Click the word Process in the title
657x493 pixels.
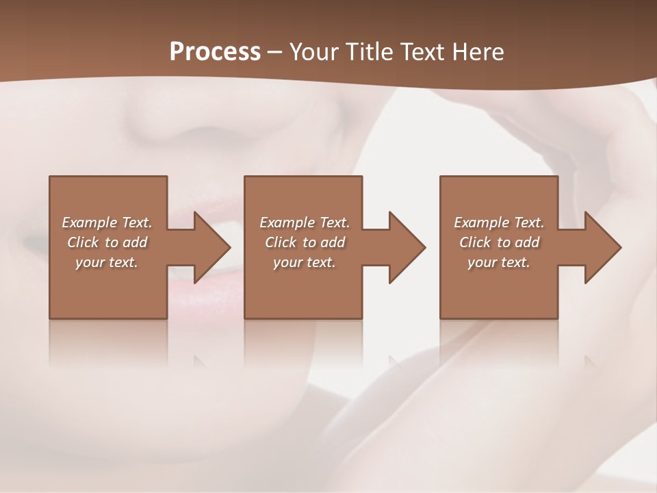click(x=215, y=52)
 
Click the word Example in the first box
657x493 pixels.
click(x=90, y=223)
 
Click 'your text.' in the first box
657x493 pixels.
click(x=107, y=262)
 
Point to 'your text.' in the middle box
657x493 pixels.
click(x=305, y=262)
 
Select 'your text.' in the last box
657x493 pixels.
click(x=499, y=262)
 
